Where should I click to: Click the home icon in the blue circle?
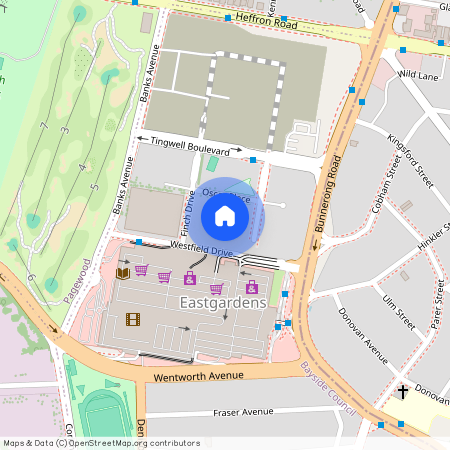pyautogui.click(x=225, y=215)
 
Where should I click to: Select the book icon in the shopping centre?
pyautogui.click(x=122, y=273)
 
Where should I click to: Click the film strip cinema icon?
pyautogui.click(x=133, y=320)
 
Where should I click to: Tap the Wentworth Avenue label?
pyautogui.click(x=198, y=378)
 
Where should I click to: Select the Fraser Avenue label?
pyautogui.click(x=229, y=412)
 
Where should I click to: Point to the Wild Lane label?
pyautogui.click(x=418, y=75)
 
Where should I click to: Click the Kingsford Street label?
pyautogui.click(x=409, y=161)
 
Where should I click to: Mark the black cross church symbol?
pyautogui.click(x=402, y=392)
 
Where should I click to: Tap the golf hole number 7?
pyautogui.click(x=45, y=125)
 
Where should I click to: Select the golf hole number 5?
pyautogui.click(x=93, y=187)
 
